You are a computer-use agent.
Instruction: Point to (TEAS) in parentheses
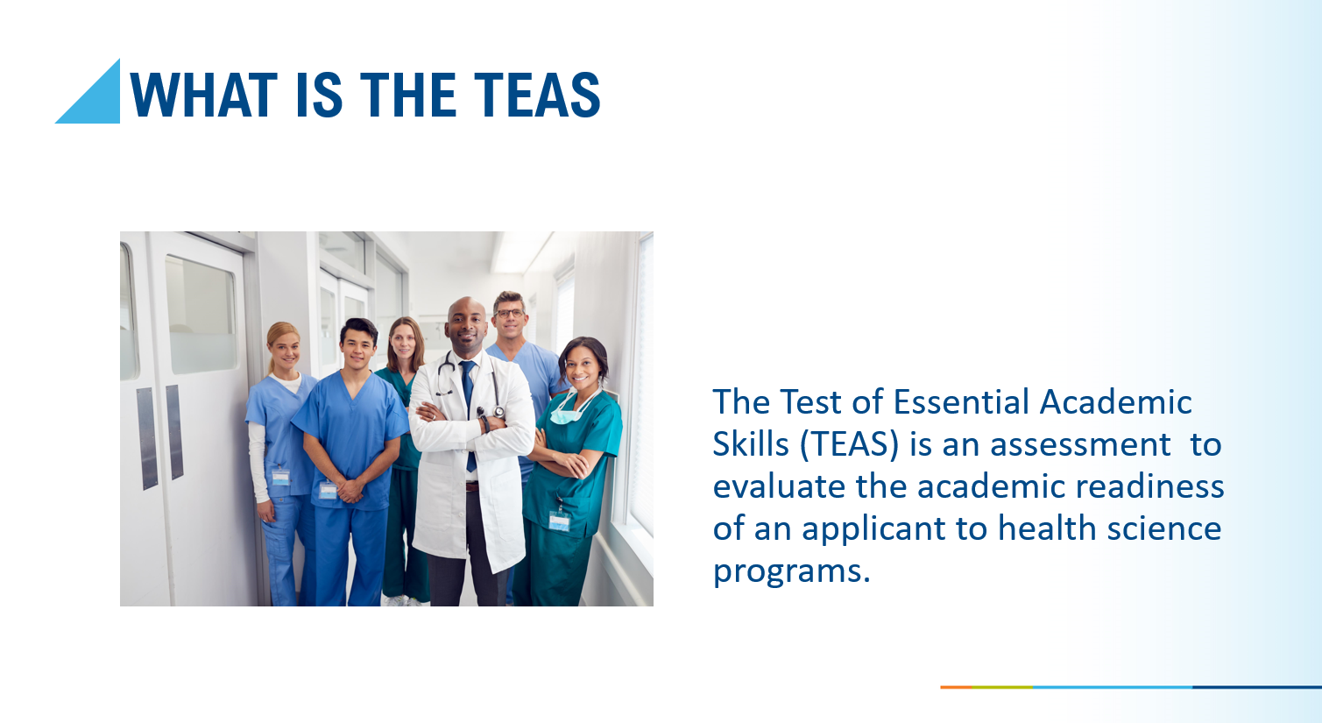coord(849,444)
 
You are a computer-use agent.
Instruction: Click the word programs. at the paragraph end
coord(791,571)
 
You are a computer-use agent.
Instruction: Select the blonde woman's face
coord(284,349)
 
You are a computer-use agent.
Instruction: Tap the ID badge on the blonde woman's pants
coord(280,478)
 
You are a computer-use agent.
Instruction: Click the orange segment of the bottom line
coord(956,687)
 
